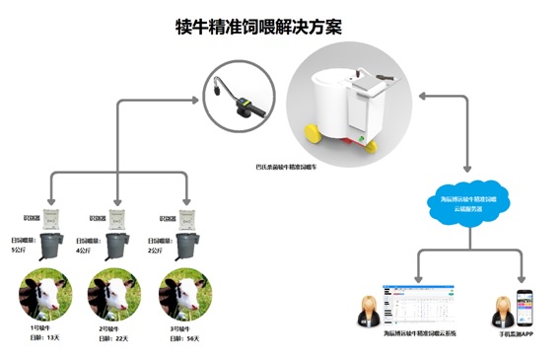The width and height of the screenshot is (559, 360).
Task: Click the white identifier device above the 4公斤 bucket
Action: [119, 217]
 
